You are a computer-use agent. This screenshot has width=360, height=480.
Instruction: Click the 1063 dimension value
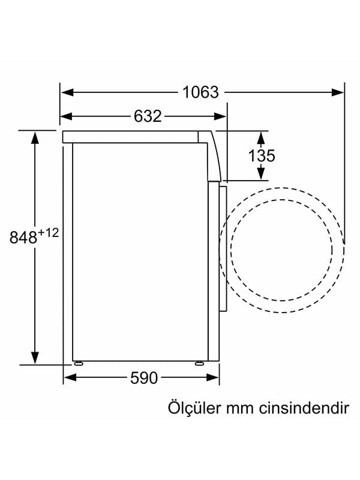(x=201, y=92)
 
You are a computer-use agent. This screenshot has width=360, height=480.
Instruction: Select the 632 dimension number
(x=147, y=116)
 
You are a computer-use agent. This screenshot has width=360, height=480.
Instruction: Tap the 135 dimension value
(x=262, y=156)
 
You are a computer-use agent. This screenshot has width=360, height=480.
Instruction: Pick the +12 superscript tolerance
(x=49, y=232)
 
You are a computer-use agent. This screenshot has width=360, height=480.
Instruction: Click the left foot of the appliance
(x=78, y=363)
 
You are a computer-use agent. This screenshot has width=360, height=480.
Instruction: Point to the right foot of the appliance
(x=199, y=363)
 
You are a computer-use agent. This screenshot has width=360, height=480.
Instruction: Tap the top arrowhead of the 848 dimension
(x=35, y=137)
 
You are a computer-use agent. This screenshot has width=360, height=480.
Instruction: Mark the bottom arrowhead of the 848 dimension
(x=35, y=356)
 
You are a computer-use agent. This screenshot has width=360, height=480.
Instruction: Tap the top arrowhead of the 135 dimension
(x=261, y=137)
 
